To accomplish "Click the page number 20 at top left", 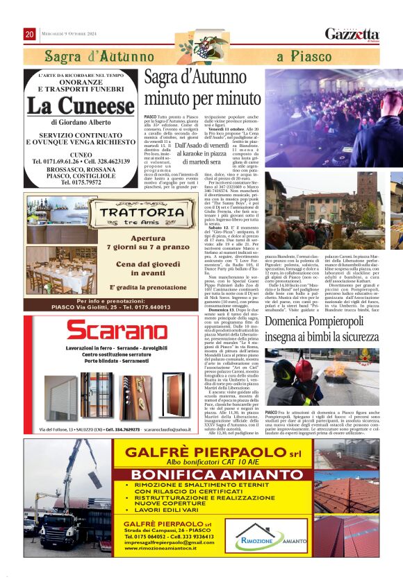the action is pyautogui.click(x=29, y=34).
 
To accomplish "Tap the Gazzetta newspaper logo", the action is pyautogui.click(x=352, y=34).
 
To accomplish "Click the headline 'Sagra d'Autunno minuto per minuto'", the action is pyautogui.click(x=202, y=89).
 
